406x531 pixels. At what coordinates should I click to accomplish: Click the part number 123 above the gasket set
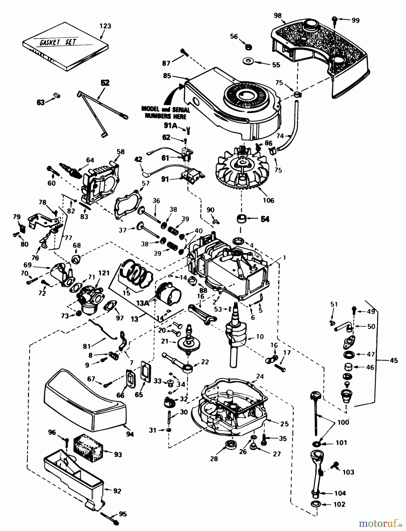[x=105, y=26]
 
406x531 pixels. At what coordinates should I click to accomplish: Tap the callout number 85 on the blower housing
[x=167, y=76]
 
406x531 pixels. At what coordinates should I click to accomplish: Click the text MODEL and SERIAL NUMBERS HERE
[x=166, y=112]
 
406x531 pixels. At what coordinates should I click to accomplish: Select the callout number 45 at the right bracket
[x=394, y=360]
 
